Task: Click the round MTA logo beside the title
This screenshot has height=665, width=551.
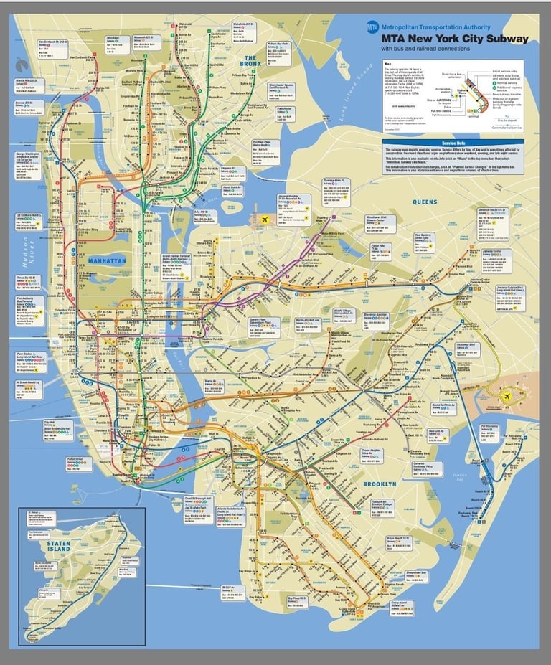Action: (x=372, y=27)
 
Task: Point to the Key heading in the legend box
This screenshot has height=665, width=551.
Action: (x=388, y=64)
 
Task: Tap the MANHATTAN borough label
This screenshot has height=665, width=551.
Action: (x=107, y=260)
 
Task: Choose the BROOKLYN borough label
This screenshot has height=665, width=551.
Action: (x=380, y=484)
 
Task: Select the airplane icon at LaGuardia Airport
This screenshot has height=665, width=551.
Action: (x=264, y=220)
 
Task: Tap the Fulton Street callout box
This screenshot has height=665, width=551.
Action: (x=79, y=463)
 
